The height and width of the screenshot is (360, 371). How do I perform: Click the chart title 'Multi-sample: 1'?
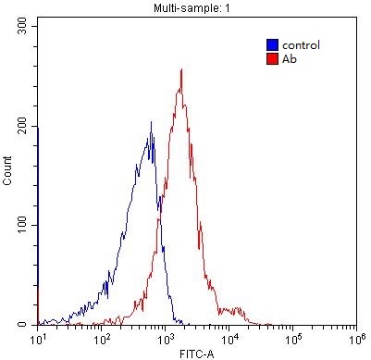click(x=195, y=7)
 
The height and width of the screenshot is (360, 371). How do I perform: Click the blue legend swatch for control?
click(x=271, y=43)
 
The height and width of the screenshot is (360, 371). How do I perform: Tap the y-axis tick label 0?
click(x=30, y=324)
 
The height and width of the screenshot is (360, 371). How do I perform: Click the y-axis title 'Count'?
click(x=7, y=176)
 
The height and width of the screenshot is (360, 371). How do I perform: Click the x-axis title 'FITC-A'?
click(x=196, y=353)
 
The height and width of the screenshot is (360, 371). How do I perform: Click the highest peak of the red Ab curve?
click(x=181, y=69)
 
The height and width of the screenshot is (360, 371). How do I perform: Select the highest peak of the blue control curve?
click(x=151, y=122)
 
